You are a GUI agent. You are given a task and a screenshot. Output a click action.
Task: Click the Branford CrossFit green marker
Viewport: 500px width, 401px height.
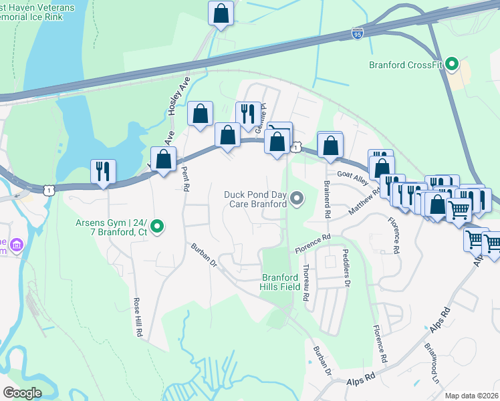(452, 65)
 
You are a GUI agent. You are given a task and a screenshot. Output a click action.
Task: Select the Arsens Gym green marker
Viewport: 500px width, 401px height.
(157, 227)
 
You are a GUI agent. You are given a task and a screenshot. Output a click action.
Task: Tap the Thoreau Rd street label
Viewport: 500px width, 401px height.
(306, 281)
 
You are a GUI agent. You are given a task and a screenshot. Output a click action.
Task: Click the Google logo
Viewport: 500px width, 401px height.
(22, 393)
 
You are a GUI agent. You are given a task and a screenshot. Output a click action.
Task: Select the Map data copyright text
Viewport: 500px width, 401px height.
(472, 396)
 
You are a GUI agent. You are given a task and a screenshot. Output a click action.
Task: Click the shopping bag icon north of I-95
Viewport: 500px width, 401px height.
(220, 13)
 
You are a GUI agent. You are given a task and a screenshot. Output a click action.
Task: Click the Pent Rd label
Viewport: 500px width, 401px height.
(185, 178)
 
